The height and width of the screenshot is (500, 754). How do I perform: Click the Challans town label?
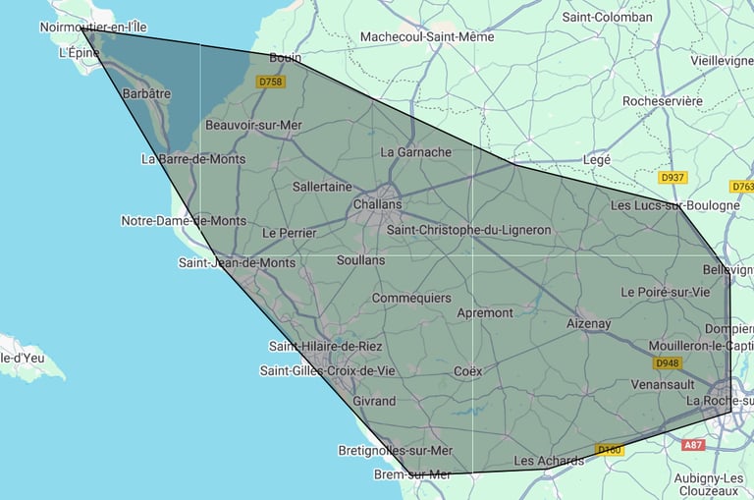click(377, 204)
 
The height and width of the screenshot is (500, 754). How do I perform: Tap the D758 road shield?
click(270, 83)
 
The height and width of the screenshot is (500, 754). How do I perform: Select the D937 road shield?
click(673, 178)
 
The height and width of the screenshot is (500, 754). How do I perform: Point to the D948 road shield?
click(667, 362)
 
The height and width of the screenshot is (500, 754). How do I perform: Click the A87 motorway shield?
click(693, 445)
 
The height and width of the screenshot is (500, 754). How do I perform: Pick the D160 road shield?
click(610, 450)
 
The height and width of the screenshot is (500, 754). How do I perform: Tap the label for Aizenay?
click(589, 323)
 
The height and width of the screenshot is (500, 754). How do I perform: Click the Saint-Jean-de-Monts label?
click(236, 262)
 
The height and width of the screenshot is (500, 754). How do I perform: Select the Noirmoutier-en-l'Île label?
click(93, 28)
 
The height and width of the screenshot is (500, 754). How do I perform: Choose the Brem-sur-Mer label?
click(412, 474)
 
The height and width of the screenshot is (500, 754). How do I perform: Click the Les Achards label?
click(549, 461)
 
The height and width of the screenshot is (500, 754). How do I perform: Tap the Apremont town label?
click(485, 313)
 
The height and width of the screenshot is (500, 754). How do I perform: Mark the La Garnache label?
click(415, 152)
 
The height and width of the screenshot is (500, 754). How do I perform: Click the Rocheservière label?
click(663, 101)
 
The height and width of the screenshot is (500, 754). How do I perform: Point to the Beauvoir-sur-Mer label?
click(253, 125)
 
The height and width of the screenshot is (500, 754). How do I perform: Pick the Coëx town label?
click(468, 371)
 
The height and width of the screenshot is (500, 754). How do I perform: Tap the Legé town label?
click(597, 159)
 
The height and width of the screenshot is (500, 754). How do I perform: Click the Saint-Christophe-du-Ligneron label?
click(469, 230)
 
